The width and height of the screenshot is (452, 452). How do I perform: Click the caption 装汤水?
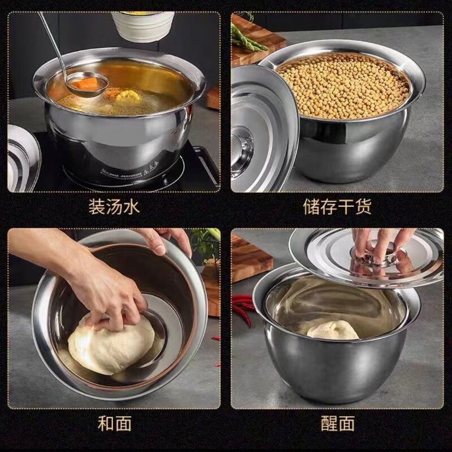[114, 207]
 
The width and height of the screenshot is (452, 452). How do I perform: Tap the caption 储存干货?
[337, 207]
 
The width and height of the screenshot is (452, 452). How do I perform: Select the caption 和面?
[115, 423]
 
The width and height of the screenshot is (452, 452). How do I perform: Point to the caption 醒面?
[337, 423]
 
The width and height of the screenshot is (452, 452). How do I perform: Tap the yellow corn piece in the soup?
[129, 95]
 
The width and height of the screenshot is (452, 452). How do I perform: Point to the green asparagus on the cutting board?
[245, 38]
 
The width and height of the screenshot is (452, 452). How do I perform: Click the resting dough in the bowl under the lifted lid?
[333, 329]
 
